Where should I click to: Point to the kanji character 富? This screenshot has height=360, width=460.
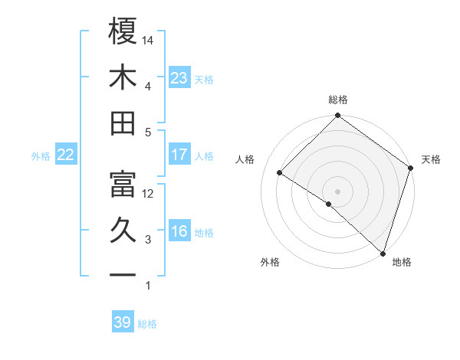tap(123, 184)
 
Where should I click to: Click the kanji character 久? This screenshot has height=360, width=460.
tap(123, 231)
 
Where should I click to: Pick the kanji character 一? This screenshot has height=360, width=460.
tap(123, 274)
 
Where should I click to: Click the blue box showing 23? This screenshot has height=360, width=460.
tap(179, 78)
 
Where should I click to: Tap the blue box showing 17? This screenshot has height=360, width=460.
tap(179, 155)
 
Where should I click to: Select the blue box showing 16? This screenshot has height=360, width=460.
tap(179, 232)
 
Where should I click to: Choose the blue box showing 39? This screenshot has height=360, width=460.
tap(123, 322)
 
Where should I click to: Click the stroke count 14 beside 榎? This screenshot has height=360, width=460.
tap(149, 41)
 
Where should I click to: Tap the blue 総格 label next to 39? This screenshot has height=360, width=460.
tap(148, 324)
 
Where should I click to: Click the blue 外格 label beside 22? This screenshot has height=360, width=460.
tap(41, 156)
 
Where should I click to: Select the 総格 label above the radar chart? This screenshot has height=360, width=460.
tap(338, 100)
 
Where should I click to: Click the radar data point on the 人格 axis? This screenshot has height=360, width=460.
tap(280, 173)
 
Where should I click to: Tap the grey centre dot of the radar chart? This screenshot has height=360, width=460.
tap(337, 191)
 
